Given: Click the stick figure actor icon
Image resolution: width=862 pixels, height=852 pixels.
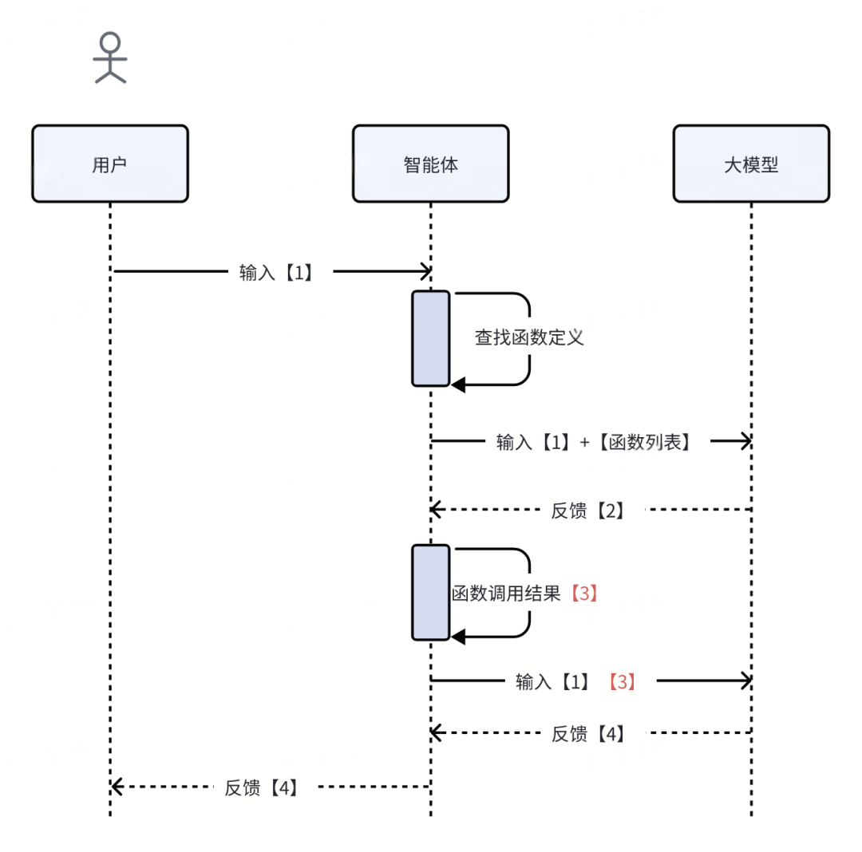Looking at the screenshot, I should coord(110,58).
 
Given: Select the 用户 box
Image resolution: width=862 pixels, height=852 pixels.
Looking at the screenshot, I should coord(110,164).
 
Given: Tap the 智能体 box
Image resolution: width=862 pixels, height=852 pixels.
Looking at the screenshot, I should coord(430,164).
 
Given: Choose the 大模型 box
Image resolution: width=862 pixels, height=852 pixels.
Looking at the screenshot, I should coord(751,164).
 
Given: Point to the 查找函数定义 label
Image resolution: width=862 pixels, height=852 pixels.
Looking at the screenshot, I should coord(529,337).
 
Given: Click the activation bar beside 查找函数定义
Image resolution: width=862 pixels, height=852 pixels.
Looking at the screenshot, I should coord(431,338).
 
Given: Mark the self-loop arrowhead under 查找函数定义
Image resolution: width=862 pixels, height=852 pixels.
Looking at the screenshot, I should coord(458,385).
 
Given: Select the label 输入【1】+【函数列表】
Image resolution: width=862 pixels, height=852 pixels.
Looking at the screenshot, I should coord(593,442).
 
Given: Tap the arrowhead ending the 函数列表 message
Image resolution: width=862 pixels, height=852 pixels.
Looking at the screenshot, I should coord(745,441).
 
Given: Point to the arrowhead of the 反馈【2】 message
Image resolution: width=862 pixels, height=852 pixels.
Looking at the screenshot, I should coord(436,509).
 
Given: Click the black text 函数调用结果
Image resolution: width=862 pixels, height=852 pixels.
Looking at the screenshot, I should coord(508,594).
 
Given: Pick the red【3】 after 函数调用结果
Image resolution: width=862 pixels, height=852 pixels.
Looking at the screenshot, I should coord(583,594).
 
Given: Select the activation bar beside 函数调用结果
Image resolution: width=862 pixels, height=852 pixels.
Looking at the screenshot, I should coord(431,593).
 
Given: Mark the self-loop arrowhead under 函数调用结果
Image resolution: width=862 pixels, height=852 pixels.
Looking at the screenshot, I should coord(458,637).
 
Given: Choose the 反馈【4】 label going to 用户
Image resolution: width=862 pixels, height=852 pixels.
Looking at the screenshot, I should coord(261,787).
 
